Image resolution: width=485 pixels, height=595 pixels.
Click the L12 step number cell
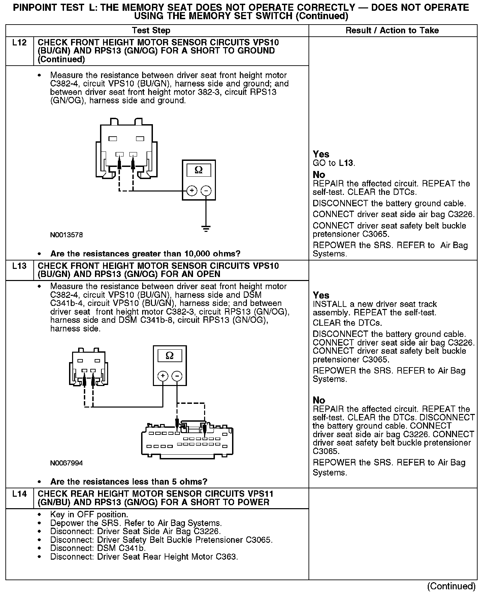tap(20, 43)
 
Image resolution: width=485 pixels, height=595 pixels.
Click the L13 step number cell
tap(20, 266)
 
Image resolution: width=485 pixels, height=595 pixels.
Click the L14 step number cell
tap(20, 494)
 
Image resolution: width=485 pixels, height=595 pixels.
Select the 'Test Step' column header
tap(151, 31)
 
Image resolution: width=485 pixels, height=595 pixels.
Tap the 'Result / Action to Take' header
tap(392, 31)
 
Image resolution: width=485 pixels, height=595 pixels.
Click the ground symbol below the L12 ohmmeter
tap(206, 229)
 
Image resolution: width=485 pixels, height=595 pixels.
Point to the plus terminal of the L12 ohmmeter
tap(192, 191)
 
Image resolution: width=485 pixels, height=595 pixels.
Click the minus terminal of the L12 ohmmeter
tap(206, 191)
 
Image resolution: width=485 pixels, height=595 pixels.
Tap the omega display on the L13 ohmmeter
tap(170, 356)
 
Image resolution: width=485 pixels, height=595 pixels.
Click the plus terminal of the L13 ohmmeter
tap(163, 376)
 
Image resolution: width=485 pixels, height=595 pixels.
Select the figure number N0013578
tap(66, 235)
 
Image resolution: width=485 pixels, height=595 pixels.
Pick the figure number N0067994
tap(66, 463)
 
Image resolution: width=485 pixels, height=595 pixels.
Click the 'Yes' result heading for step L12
tap(321, 154)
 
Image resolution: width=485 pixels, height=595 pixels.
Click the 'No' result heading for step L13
tap(319, 400)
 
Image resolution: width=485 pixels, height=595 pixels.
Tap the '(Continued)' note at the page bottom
tap(451, 586)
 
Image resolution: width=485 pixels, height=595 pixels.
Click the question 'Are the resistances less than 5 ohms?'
tap(129, 482)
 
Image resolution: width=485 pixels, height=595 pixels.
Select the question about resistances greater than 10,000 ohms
tap(145, 253)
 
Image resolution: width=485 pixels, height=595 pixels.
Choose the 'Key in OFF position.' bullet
tap(89, 515)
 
